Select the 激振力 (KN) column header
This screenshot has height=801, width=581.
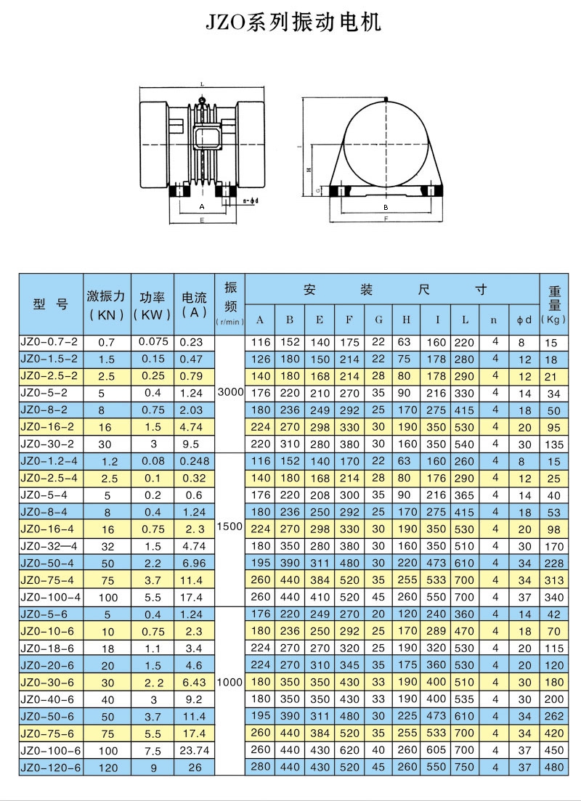(x=107, y=305)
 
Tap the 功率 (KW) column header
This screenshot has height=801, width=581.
(x=152, y=305)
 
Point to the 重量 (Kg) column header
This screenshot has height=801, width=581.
(x=554, y=305)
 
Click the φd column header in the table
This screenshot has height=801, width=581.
(x=525, y=320)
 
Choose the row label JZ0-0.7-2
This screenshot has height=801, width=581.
(x=50, y=341)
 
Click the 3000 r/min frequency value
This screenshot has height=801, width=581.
(x=230, y=392)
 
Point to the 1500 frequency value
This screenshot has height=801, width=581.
(x=230, y=529)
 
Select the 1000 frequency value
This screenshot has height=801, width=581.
(x=230, y=682)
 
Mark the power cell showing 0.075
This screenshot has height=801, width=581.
(x=153, y=341)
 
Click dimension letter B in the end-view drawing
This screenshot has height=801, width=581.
(x=386, y=206)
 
